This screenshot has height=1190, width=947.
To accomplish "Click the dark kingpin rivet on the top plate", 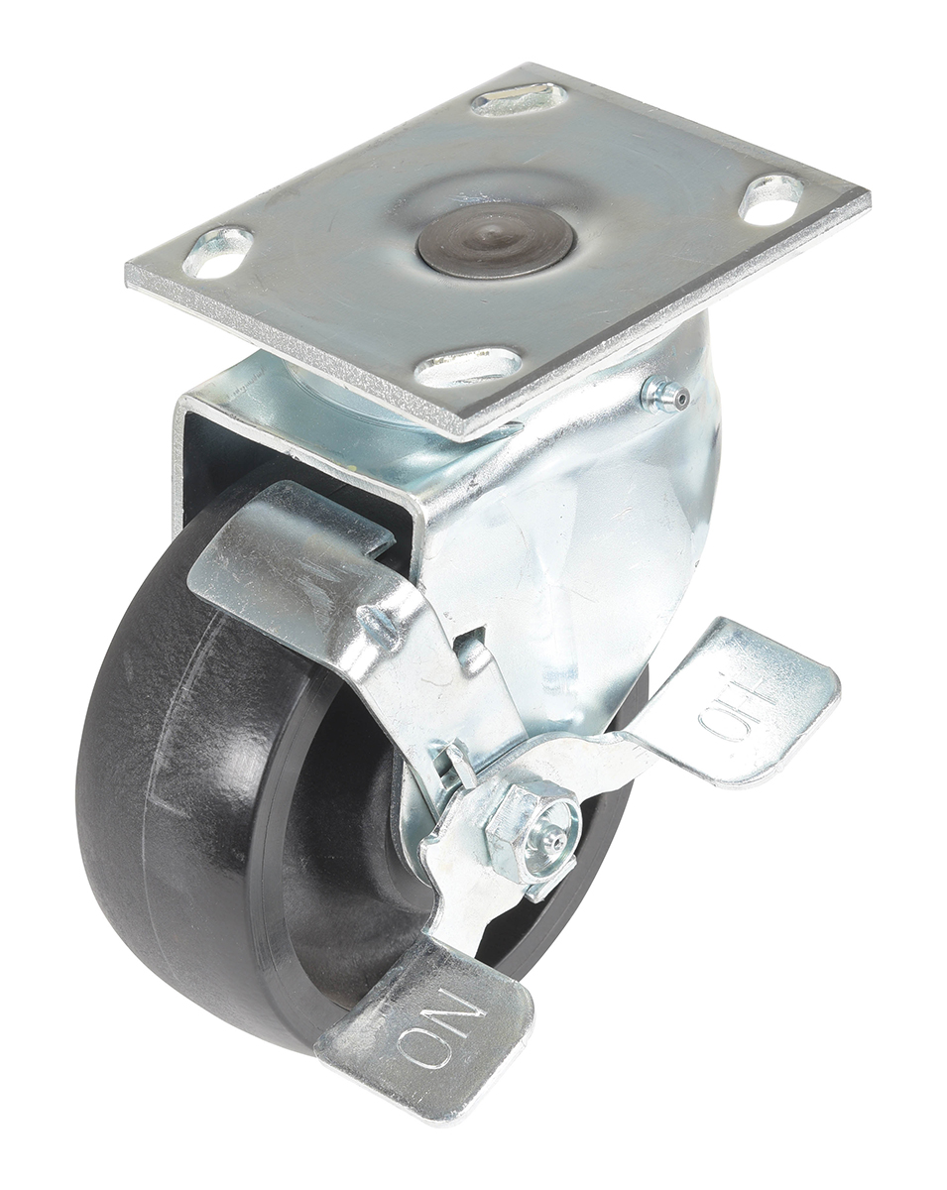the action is tap(496, 241).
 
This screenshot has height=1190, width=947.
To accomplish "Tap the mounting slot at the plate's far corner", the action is tap(521, 99).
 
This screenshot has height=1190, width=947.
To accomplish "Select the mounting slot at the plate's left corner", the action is tap(218, 252).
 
